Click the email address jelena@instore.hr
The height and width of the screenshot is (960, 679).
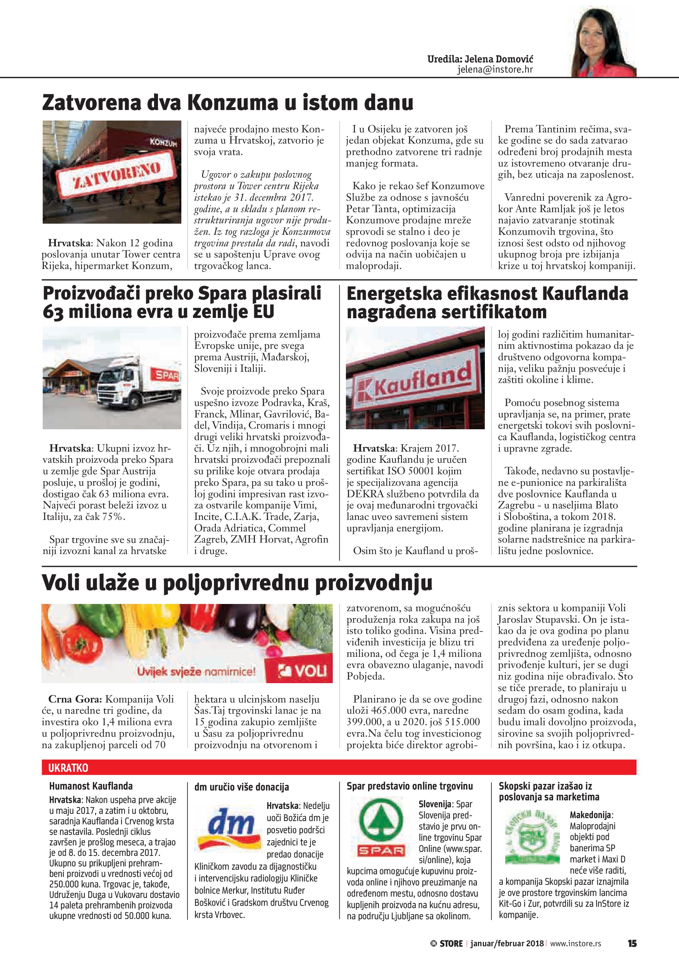(495, 69)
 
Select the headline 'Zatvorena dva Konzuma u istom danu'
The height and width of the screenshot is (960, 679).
(228, 102)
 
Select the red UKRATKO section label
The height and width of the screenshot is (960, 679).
(68, 768)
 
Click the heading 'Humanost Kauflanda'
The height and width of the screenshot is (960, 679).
(91, 786)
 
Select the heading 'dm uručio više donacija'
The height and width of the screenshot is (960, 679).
(242, 787)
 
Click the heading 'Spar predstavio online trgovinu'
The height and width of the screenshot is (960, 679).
(410, 786)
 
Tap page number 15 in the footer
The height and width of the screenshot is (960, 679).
(632, 943)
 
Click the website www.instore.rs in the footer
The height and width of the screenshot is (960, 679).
(575, 943)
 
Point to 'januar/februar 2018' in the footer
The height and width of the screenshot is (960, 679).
(507, 943)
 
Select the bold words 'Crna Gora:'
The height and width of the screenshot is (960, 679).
(75, 699)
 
